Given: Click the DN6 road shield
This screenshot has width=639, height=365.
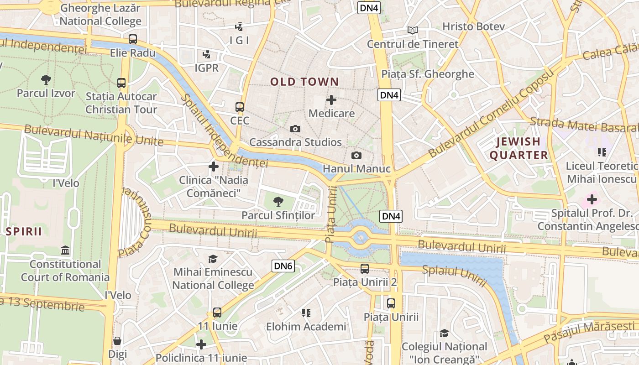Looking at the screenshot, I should click(283, 266).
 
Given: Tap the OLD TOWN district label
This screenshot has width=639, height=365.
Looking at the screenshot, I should click(304, 82).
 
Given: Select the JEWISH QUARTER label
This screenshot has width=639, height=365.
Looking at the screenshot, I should click(519, 148).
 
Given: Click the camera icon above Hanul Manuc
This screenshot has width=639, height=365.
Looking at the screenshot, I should click(356, 156).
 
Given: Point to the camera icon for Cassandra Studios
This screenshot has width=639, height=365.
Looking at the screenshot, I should click(295, 129).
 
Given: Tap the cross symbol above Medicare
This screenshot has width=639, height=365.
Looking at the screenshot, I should click(331, 100).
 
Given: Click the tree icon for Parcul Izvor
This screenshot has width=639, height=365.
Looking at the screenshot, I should click(46, 80).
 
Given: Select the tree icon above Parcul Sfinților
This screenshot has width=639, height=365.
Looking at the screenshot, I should click(278, 201).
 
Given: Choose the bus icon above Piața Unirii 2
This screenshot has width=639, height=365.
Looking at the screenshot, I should click(364, 269).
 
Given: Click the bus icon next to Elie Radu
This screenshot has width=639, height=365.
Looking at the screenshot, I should click(133, 39).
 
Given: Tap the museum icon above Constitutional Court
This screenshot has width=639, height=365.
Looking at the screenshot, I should click(65, 250).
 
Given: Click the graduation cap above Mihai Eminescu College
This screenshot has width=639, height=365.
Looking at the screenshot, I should click(213, 259).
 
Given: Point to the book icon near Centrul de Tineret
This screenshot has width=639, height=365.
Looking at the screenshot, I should click(413, 31).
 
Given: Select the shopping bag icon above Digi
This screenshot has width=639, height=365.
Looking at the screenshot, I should click(117, 341).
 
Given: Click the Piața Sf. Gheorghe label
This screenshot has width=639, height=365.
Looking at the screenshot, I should click(428, 74).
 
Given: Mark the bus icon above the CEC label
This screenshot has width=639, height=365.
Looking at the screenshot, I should click(240, 107).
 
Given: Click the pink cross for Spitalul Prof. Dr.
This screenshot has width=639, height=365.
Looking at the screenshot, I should click(592, 199).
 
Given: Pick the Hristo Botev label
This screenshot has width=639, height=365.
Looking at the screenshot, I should click(473, 26).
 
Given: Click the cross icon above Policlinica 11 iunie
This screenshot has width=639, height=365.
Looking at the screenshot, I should click(201, 344).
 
